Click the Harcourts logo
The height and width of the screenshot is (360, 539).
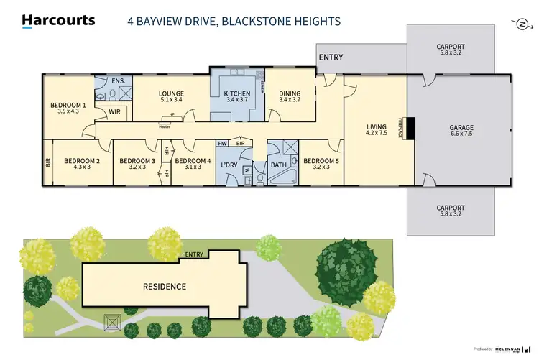[x=58, y=20]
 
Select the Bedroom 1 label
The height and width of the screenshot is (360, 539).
[x=68, y=106]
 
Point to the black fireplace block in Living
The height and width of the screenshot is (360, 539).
[x=410, y=129]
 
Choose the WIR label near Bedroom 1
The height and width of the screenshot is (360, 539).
[x=114, y=112]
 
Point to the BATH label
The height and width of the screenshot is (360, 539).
[x=278, y=165]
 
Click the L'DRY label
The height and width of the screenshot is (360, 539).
[x=229, y=166]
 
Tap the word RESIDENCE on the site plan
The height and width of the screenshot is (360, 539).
[x=163, y=286]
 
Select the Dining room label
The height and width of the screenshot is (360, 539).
[x=290, y=93]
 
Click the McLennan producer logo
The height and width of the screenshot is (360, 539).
[x=512, y=349]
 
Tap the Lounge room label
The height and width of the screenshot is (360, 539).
[x=171, y=93]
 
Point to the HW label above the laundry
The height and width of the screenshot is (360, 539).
[x=222, y=143]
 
